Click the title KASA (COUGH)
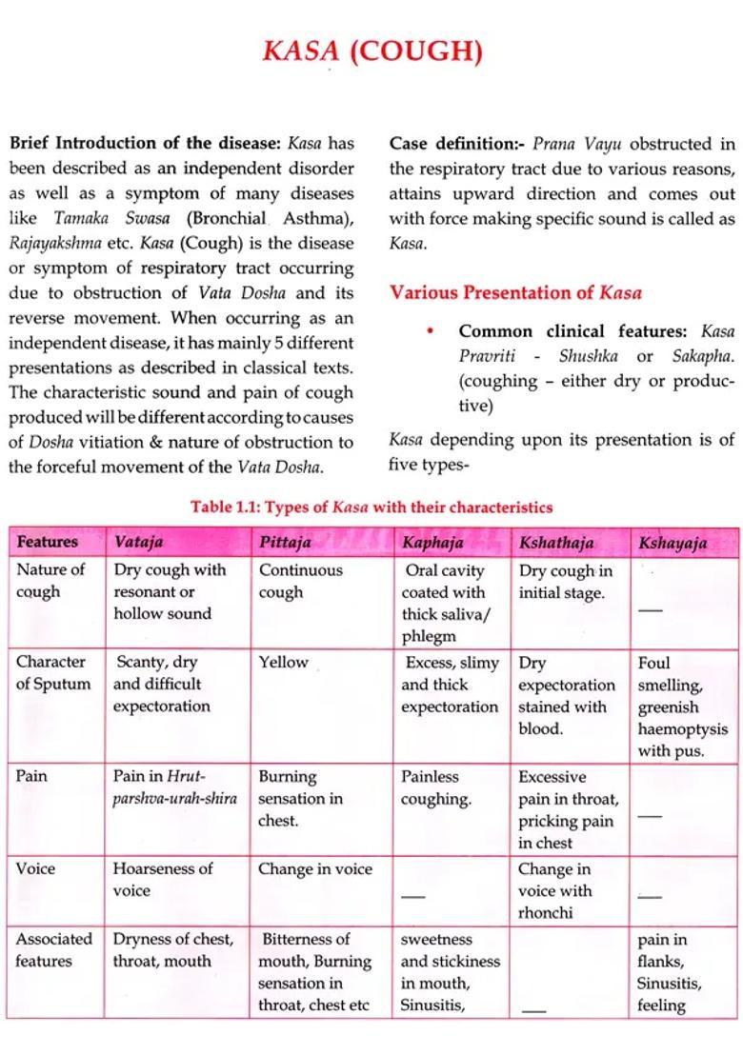[x=371, y=50]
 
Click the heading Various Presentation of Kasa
[x=514, y=292]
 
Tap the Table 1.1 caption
[x=371, y=507]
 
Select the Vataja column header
[x=138, y=542]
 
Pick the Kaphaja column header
[x=432, y=543]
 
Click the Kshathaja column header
[x=555, y=543]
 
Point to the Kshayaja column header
[x=673, y=543]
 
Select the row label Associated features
[x=54, y=949]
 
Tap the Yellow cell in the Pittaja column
[x=283, y=662]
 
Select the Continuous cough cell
[x=300, y=581]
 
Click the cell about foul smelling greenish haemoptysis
[x=682, y=707]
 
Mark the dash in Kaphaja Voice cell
[x=412, y=895]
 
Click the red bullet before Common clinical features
[x=431, y=331]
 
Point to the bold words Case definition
[x=456, y=144]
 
